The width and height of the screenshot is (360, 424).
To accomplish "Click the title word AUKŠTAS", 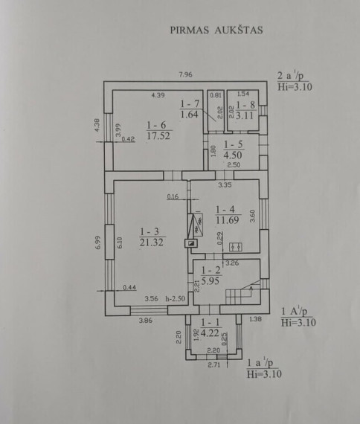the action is click(x=239, y=30).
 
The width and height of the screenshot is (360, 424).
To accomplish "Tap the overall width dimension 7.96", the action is click(x=185, y=74).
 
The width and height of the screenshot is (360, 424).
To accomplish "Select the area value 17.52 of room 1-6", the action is click(x=158, y=135).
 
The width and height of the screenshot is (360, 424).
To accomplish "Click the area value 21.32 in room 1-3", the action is click(x=152, y=242).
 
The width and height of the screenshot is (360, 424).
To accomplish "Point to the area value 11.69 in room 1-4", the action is click(x=228, y=220).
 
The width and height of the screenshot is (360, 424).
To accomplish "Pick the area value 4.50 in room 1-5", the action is click(x=233, y=155).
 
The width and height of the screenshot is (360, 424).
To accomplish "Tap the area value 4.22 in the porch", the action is click(x=210, y=333).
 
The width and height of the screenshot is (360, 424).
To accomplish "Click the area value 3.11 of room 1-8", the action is click(x=245, y=115).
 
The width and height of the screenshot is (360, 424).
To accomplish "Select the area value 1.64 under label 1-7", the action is click(x=190, y=115).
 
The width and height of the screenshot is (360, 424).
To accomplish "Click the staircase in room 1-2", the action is click(x=243, y=292).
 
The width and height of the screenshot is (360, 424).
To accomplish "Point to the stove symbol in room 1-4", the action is click(x=235, y=247).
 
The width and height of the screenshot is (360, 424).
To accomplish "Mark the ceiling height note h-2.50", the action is click(x=176, y=299).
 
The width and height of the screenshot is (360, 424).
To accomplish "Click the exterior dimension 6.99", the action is click(x=97, y=242).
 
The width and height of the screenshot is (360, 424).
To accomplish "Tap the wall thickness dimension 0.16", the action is click(x=173, y=196).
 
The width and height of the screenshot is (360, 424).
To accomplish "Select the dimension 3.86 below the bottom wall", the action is click(x=146, y=321).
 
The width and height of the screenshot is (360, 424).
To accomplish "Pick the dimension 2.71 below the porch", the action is click(x=213, y=364).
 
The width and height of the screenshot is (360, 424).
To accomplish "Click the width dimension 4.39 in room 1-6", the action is click(x=158, y=95).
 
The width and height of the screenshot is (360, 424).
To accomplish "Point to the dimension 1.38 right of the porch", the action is click(x=255, y=319).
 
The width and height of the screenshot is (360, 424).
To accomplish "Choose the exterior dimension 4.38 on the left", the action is click(x=97, y=125).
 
